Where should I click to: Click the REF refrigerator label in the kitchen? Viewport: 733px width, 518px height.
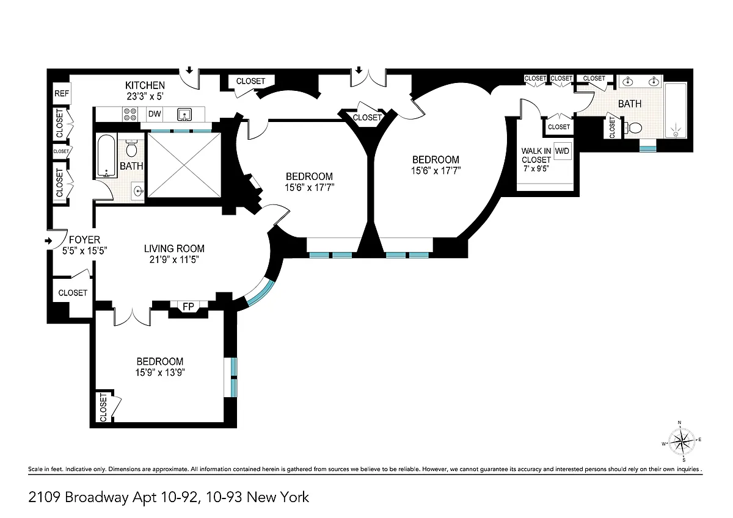tap(62, 93)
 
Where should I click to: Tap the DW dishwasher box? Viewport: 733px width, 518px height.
tap(155, 113)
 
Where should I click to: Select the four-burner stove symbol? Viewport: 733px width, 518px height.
tap(129, 114)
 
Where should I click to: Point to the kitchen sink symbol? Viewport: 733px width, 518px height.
tap(184, 115)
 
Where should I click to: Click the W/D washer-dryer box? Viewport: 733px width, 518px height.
tap(562, 151)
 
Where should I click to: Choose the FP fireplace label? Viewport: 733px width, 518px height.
tap(188, 306)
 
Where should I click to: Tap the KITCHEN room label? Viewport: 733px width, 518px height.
tap(145, 85)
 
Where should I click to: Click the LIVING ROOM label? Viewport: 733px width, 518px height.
tap(174, 248)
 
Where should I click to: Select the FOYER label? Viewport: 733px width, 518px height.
tap(84, 240)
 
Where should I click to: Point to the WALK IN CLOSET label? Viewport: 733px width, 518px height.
tap(536, 155)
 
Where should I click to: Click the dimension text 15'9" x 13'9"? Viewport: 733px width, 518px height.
tap(160, 372)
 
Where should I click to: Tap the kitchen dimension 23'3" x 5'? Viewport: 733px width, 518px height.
tap(145, 96)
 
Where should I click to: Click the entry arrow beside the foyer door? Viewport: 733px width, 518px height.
tap(48, 241)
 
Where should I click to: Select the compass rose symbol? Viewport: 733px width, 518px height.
tap(682, 441)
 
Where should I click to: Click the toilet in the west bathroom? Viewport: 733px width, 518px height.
tap(131, 149)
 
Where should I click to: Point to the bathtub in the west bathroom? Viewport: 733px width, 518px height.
tap(106, 156)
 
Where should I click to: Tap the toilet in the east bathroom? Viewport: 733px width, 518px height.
tap(633, 128)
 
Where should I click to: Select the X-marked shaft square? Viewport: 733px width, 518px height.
tap(184, 165)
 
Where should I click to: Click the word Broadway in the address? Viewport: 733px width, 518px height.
tap(97, 497)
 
